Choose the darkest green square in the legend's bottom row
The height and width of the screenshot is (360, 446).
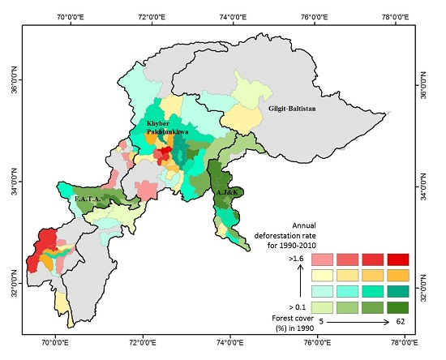click(397, 307)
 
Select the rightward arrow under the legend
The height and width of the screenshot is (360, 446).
click(357, 323)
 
